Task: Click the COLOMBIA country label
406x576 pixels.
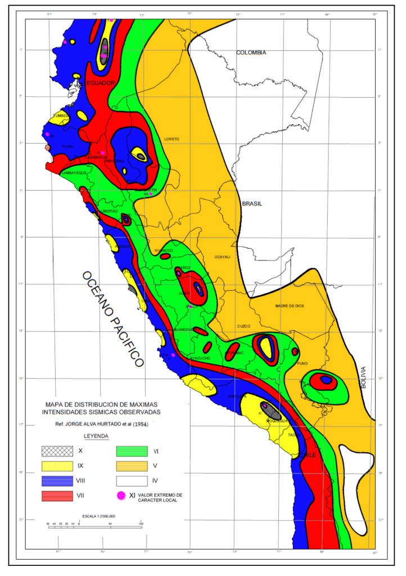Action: pos(251,52)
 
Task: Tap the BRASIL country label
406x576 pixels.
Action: pos(252,204)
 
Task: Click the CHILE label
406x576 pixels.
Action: pos(308,454)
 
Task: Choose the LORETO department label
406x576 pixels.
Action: pos(171,138)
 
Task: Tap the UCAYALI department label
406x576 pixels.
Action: pos(222,256)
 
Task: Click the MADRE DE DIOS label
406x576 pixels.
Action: pos(290,306)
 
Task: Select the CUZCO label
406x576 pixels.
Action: pos(243,326)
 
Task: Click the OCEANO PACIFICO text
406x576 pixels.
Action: pos(112,319)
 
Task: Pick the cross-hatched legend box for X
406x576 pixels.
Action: pos(57,451)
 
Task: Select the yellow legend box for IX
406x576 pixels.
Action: pos(57,466)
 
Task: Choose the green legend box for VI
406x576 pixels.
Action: pos(132,451)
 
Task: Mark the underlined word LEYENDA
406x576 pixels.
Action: pos(96,436)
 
